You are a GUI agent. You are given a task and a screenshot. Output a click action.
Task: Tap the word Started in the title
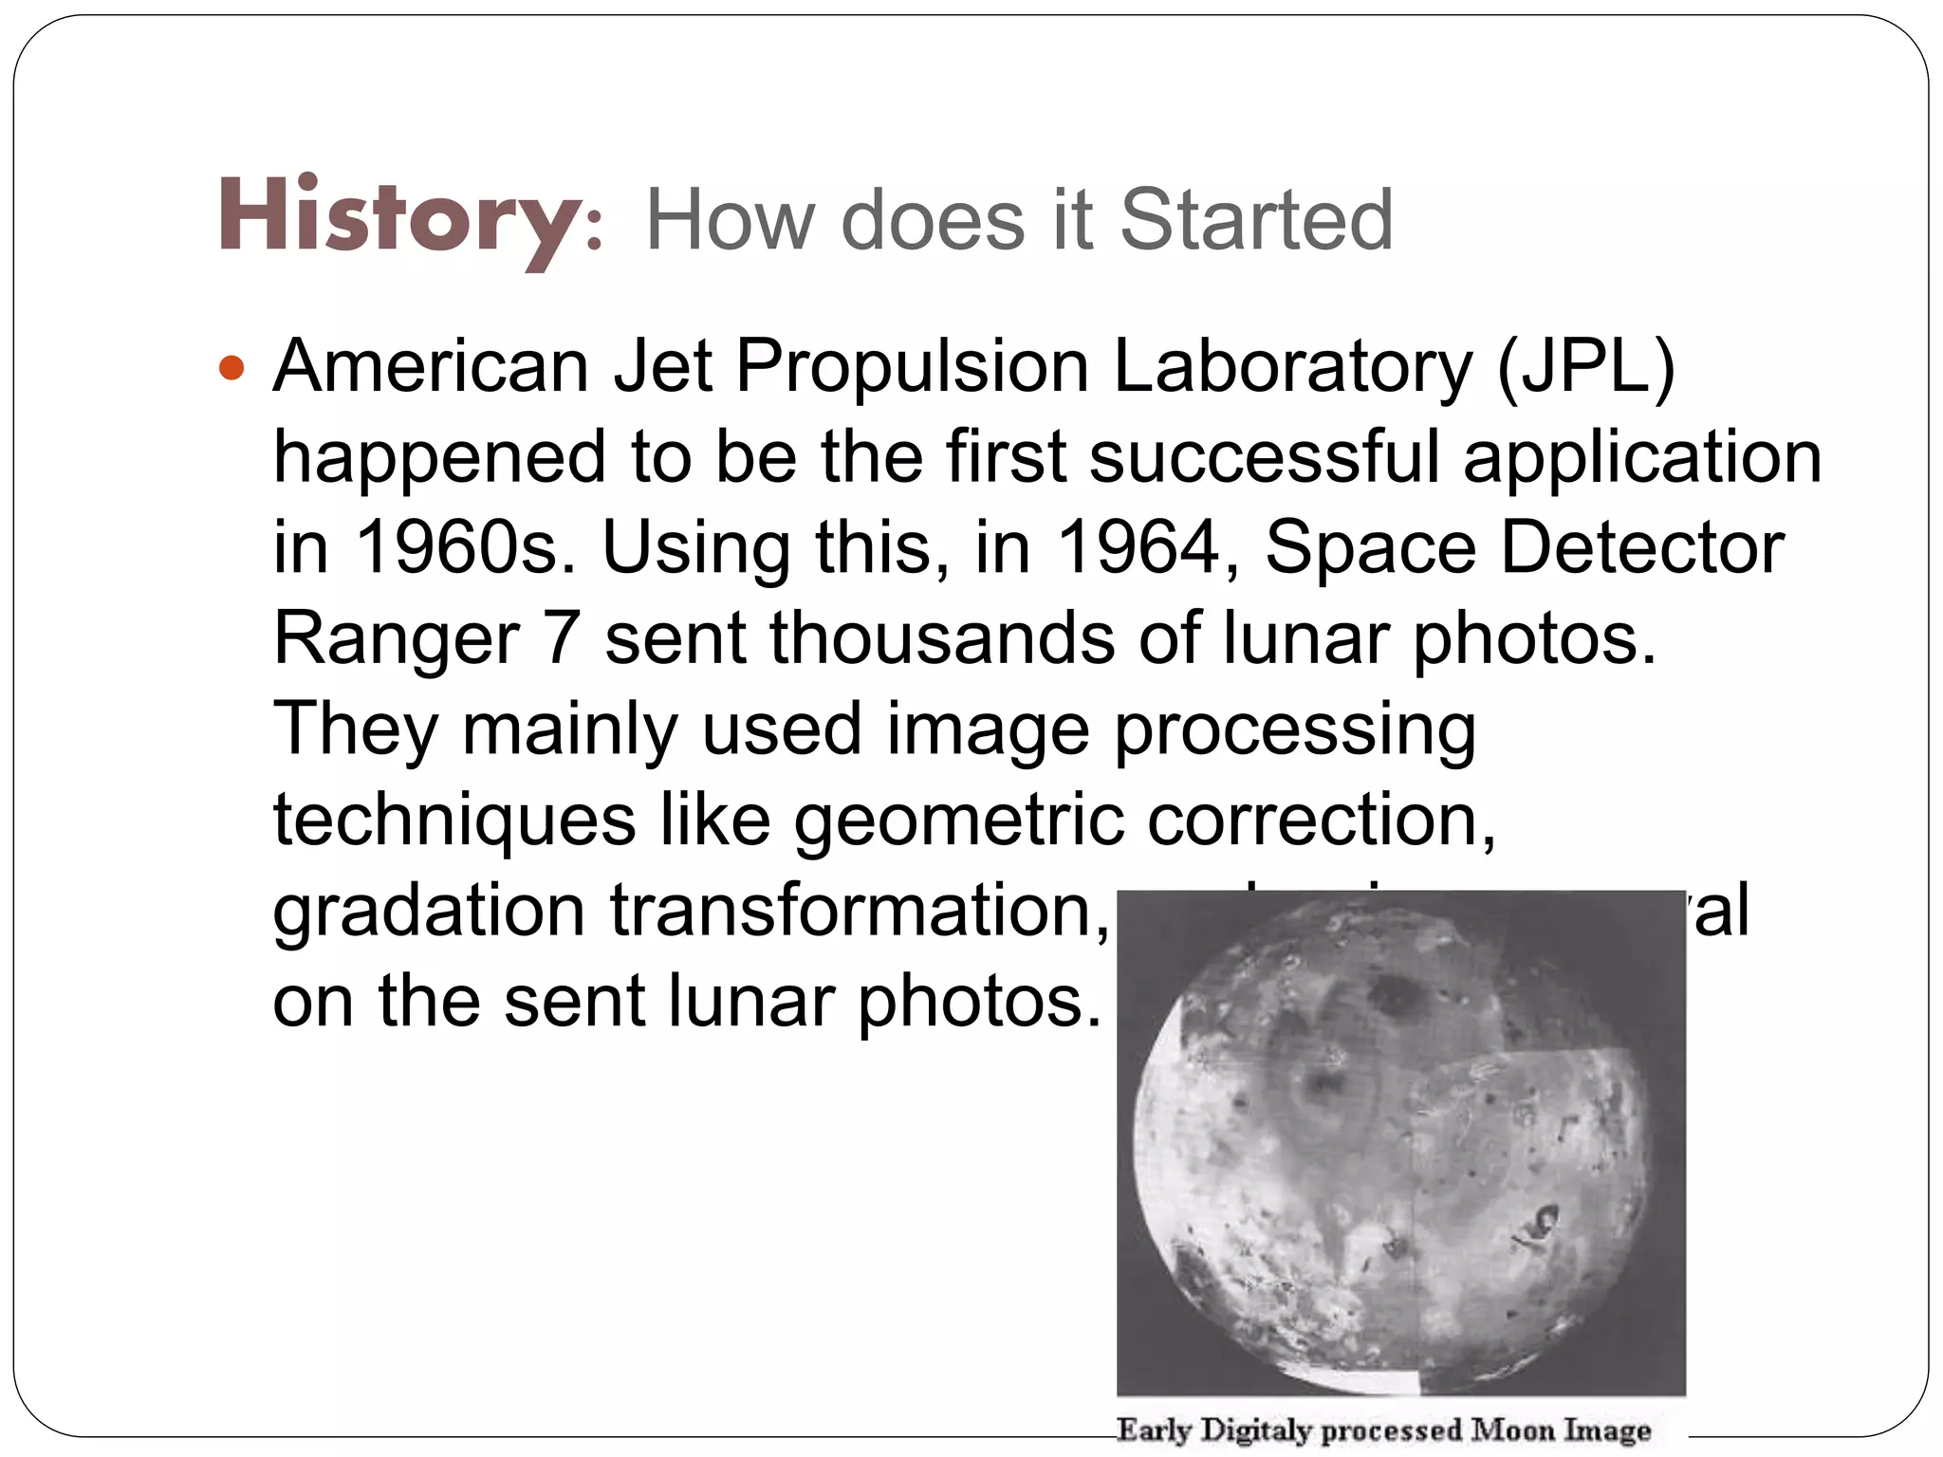(1256, 220)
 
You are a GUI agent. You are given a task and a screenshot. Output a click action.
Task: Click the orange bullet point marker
(231, 368)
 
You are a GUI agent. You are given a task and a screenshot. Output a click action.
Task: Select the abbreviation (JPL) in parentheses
(1586, 368)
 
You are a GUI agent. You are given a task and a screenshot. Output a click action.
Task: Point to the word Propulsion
(911, 368)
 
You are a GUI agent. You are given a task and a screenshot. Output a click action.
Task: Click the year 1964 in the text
(1137, 547)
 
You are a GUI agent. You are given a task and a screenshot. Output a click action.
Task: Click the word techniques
(454, 821)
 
